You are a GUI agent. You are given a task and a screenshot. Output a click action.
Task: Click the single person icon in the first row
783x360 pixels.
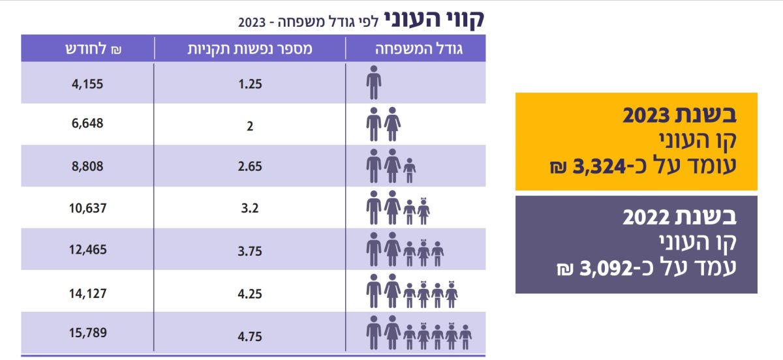(x=373, y=82)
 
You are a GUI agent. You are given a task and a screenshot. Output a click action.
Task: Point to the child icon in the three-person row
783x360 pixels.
(x=409, y=170)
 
